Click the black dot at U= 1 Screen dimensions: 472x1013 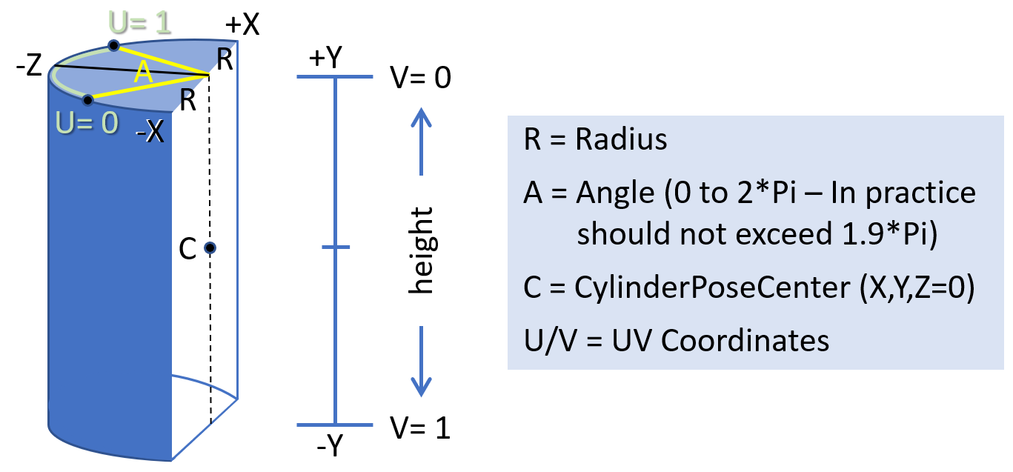click(113, 46)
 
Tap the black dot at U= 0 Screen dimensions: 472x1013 click(88, 99)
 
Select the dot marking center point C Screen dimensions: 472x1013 click(210, 248)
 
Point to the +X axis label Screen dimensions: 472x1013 click(243, 25)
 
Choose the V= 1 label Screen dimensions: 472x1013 click(420, 428)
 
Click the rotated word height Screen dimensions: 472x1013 click(421, 250)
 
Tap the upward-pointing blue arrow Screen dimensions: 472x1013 click(421, 141)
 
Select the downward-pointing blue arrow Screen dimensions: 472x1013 click(421, 361)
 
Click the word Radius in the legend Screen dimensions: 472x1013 click(621, 140)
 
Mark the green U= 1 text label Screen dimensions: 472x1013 click(140, 22)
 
